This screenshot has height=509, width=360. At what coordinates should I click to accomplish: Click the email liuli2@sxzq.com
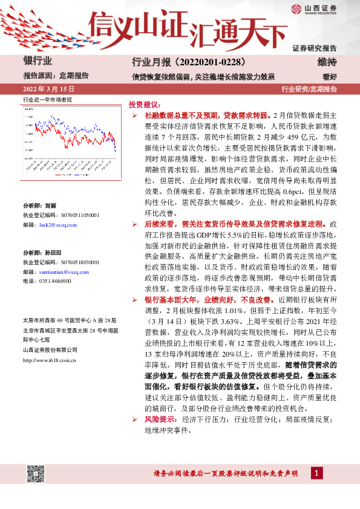(x=58, y=224)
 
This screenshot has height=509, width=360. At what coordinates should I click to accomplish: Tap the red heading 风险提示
(x=160, y=419)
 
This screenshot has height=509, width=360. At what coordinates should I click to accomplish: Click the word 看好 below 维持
(x=330, y=76)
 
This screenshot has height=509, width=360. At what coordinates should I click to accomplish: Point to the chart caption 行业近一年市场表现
(x=47, y=99)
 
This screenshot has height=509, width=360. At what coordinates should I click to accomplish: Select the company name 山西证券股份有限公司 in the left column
(x=50, y=350)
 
